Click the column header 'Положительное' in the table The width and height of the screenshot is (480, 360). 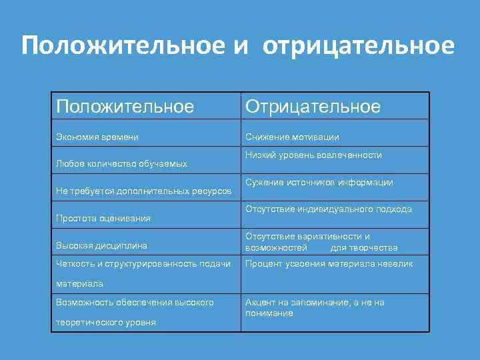125,107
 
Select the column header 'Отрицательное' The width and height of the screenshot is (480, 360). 313,107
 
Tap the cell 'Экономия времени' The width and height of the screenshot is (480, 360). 97,137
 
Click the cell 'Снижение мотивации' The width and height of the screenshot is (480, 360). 292,137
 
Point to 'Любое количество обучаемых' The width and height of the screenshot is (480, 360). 121,163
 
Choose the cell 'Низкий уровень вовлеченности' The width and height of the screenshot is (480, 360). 313,155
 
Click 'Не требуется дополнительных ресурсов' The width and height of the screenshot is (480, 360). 143,191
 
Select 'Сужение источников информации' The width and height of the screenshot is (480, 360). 319,182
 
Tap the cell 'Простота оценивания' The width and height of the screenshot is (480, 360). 103,218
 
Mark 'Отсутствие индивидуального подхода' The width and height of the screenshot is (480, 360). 328,209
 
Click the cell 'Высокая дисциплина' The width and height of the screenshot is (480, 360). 101,245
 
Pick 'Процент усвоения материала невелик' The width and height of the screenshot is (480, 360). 329,263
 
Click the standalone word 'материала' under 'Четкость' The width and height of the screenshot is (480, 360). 79,283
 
